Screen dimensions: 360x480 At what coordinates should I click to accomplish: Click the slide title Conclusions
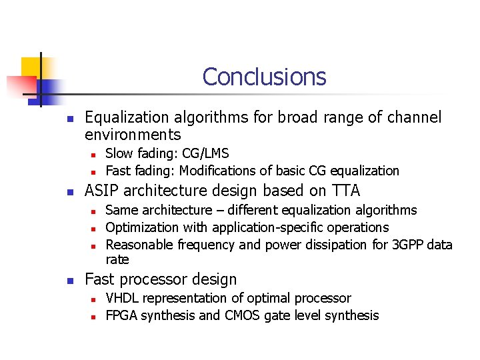click(264, 77)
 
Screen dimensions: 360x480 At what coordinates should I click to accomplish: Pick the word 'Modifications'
click(221, 171)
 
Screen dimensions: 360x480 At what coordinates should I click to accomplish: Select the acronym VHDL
click(123, 298)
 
